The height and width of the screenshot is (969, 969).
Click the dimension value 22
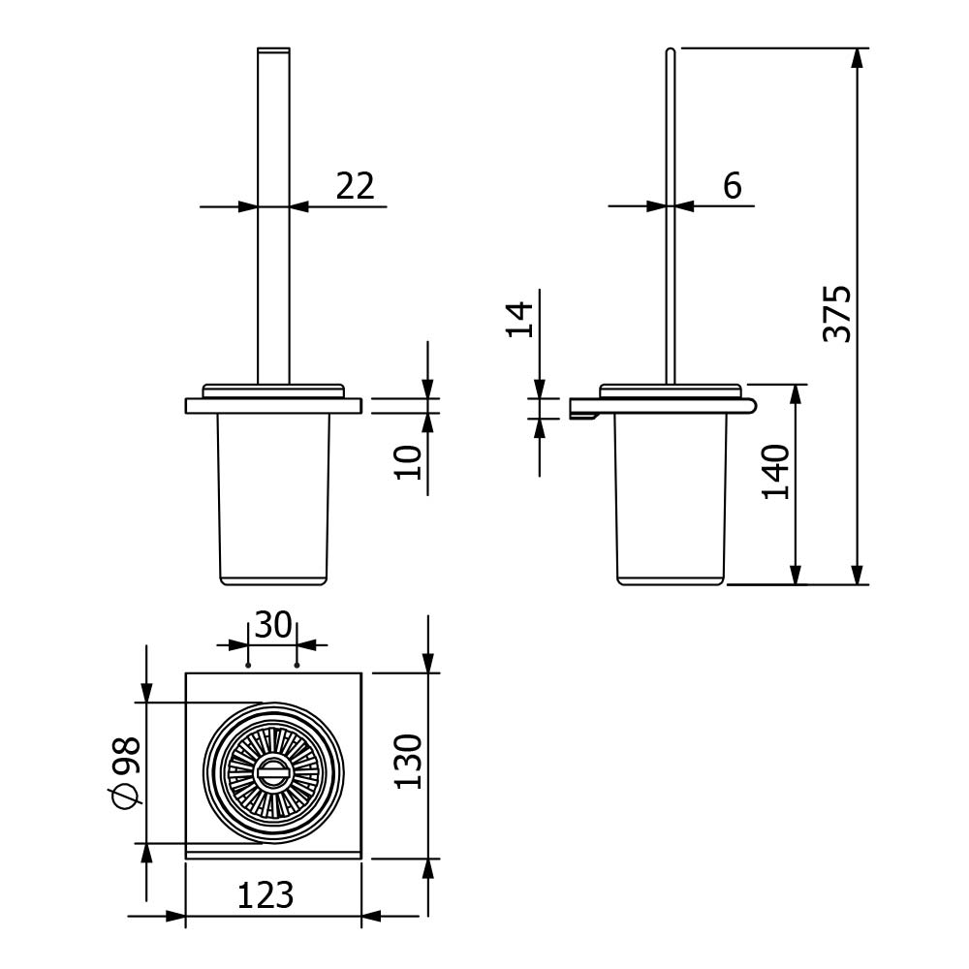click(356, 185)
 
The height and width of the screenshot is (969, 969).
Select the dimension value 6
click(733, 185)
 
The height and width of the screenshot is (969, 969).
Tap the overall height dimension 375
click(837, 313)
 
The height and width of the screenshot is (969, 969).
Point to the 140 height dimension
click(775, 472)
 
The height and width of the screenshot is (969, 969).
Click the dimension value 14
click(519, 319)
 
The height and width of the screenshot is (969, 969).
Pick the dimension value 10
click(408, 462)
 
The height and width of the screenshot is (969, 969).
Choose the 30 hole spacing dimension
click(272, 625)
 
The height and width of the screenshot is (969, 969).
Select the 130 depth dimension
click(408, 762)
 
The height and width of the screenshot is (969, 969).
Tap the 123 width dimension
click(266, 894)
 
